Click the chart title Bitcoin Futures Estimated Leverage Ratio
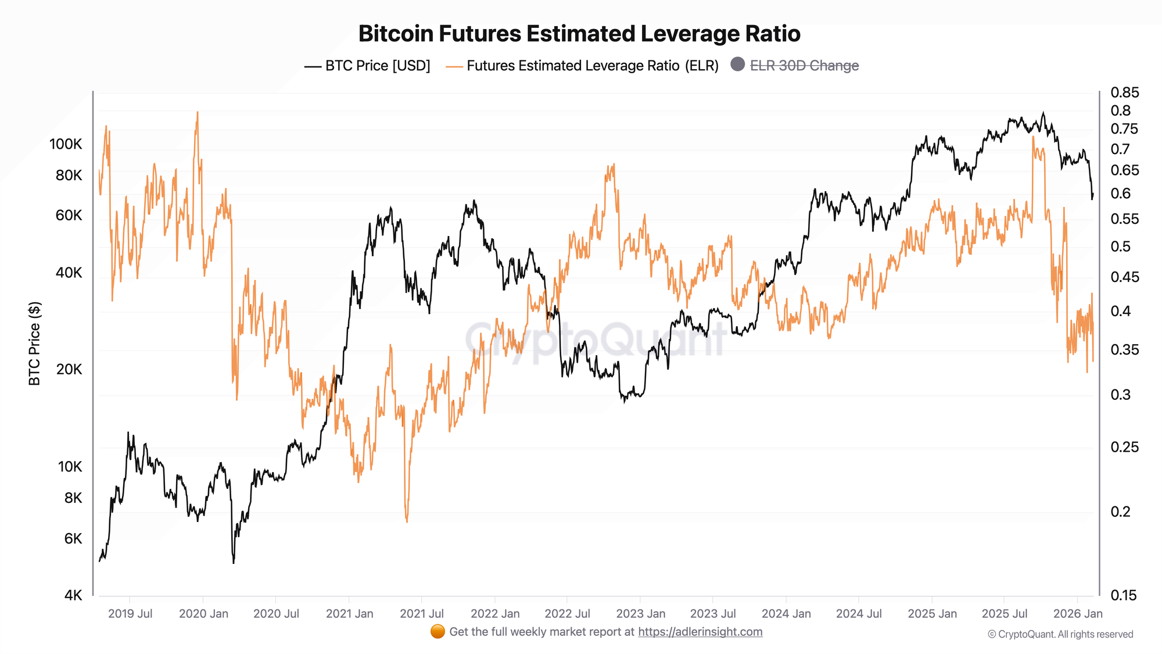(579, 34)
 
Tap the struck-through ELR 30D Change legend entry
(804, 66)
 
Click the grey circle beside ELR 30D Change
(737, 65)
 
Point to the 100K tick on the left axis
(66, 144)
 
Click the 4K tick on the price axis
(73, 595)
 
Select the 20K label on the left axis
(69, 369)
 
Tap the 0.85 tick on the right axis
(1125, 92)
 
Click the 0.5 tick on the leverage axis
(1121, 246)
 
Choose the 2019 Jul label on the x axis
(130, 613)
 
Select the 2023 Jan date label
(640, 613)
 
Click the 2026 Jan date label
(1078, 613)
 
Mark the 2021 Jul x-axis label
(422, 613)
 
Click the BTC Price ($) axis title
(35, 344)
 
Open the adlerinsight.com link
(700, 632)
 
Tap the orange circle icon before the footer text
(437, 631)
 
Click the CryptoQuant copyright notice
(1060, 634)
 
